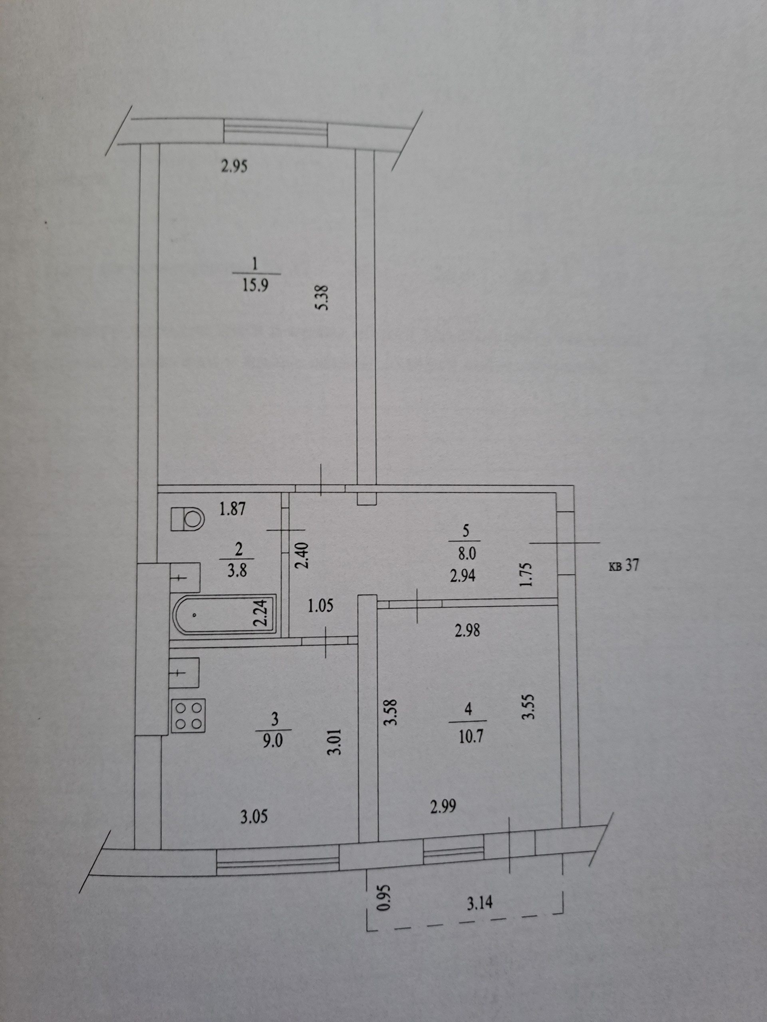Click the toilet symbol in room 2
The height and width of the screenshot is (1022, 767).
pyautogui.click(x=188, y=519)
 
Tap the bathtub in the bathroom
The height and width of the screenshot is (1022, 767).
pyautogui.click(x=224, y=615)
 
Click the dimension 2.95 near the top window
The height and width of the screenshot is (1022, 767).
pyautogui.click(x=234, y=166)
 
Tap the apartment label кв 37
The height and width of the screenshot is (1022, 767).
pyautogui.click(x=624, y=566)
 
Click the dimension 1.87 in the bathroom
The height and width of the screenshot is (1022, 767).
pyautogui.click(x=232, y=509)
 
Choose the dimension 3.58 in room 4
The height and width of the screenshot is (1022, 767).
pyautogui.click(x=391, y=714)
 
